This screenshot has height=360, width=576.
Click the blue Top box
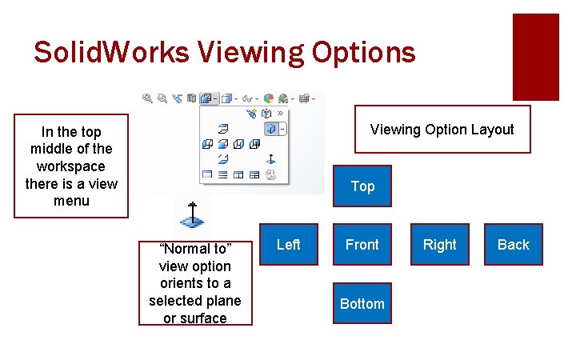(x=362, y=186)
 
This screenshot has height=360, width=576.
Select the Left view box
(x=288, y=245)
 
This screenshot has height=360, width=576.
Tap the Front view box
(x=362, y=245)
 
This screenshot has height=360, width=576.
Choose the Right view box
(x=439, y=245)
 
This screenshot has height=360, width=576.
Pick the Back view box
(x=514, y=245)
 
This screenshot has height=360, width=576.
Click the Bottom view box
(x=362, y=303)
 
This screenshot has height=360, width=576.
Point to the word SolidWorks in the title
(x=111, y=53)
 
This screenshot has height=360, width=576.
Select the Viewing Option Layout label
(x=442, y=130)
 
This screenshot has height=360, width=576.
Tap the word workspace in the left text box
(x=71, y=166)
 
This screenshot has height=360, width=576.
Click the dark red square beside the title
(x=535, y=56)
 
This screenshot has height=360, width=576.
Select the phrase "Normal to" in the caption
(x=195, y=249)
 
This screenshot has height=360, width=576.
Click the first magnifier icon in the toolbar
(x=147, y=98)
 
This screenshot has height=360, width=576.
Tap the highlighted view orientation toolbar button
(x=209, y=98)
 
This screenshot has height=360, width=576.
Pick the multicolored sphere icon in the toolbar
(x=269, y=98)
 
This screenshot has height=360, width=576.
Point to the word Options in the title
(x=366, y=53)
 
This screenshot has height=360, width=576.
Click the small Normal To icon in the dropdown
(x=271, y=158)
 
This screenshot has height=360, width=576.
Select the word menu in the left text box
(x=71, y=201)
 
